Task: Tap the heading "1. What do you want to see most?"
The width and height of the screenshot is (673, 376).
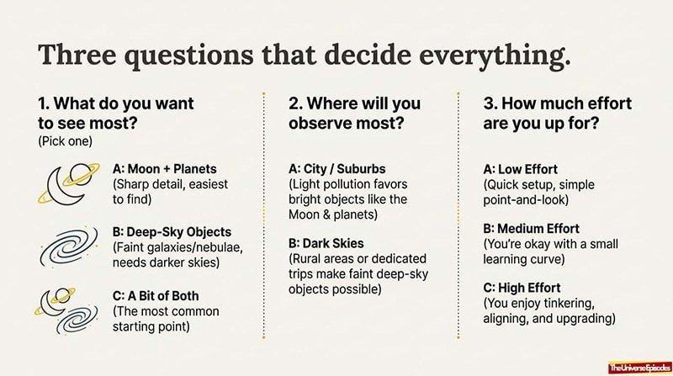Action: tap(116, 114)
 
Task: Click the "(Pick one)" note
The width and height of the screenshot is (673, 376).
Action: tap(63, 141)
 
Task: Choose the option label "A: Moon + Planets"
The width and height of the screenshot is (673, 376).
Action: tap(165, 169)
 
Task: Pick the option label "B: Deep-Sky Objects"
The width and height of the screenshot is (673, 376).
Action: tap(172, 231)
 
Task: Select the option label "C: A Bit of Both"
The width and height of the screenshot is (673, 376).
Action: tap(158, 295)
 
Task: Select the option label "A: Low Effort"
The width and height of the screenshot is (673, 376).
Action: tap(520, 169)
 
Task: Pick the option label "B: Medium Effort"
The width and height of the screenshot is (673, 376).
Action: tap(531, 228)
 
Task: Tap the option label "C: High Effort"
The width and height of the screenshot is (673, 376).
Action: tap(522, 287)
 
